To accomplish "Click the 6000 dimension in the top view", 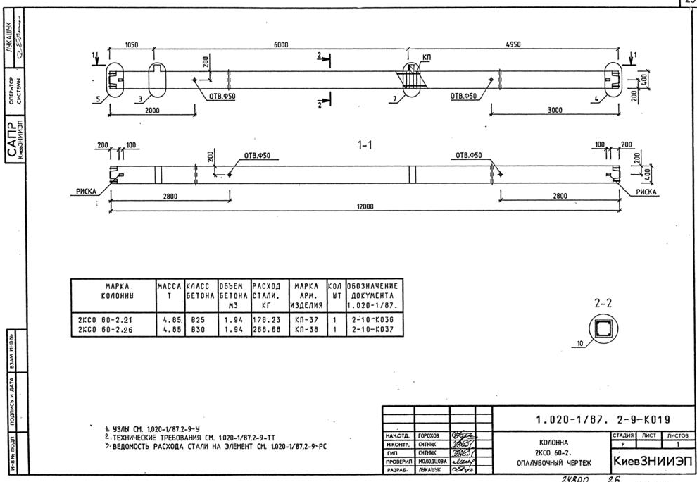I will [280, 44].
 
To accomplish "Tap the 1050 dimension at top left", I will [131, 44].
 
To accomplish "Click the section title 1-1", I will [365, 144].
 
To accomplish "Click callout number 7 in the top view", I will [396, 100].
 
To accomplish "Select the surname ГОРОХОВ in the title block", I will [432, 437].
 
